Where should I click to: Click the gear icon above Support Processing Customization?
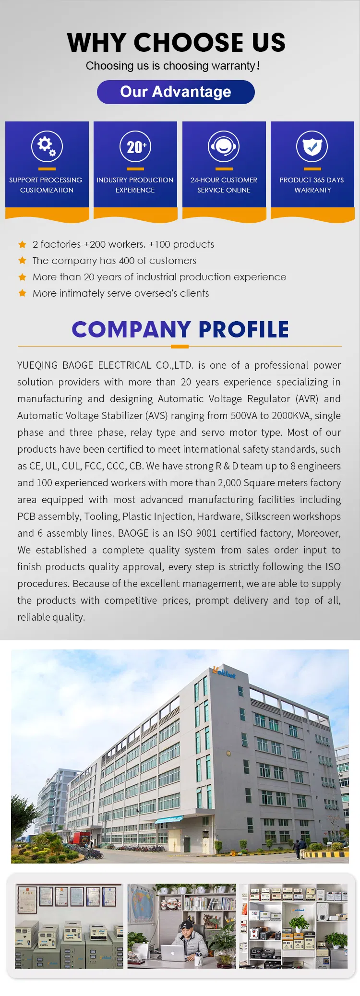click(47, 146)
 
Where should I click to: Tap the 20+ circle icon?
click(135, 146)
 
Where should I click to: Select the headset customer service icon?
click(224, 146)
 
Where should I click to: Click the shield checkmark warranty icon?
click(312, 146)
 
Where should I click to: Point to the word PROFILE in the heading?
click(243, 329)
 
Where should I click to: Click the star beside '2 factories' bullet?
click(22, 244)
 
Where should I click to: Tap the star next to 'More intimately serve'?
click(22, 293)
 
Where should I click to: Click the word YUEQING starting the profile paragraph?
click(36, 365)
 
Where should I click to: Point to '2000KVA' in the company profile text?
click(290, 416)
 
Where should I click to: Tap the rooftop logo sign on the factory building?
click(225, 672)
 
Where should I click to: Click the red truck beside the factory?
click(80, 838)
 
